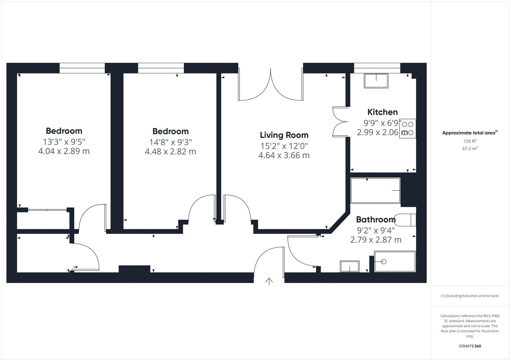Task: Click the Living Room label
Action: [x=284, y=135]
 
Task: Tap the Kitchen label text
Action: [x=382, y=112]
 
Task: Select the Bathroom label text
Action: [x=376, y=220]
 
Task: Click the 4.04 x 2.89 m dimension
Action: [x=64, y=151]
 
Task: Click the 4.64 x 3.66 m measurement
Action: [x=284, y=155]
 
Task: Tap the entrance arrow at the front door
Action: [x=269, y=281]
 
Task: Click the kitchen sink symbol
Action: [x=376, y=81]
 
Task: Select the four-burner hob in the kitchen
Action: [x=408, y=129]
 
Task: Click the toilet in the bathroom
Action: [x=406, y=220]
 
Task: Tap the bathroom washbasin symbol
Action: [x=350, y=266]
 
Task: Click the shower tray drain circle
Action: [x=384, y=261]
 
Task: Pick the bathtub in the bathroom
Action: [x=375, y=191]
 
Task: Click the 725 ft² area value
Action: [x=470, y=141]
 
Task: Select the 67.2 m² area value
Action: [x=470, y=148]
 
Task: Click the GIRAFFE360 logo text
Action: [x=470, y=346]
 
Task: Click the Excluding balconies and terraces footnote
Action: [x=470, y=296]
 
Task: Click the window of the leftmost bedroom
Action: [x=82, y=68]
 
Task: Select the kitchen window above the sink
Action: [x=377, y=68]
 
